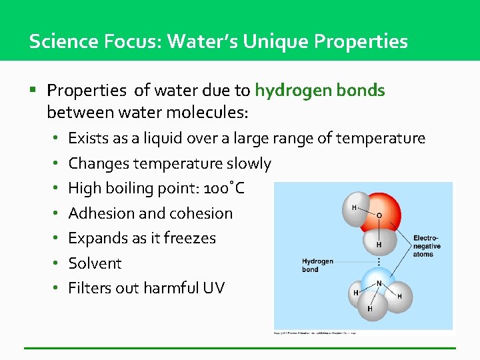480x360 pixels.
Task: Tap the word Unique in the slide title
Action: tap(274, 41)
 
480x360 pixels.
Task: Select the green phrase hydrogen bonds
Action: tap(320, 90)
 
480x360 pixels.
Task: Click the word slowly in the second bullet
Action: tap(249, 163)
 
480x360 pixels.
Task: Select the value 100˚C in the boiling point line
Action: tap(224, 189)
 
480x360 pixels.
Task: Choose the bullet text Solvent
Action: tap(95, 263)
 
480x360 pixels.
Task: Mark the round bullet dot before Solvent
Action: tap(57, 263)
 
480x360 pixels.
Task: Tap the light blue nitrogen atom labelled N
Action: tap(379, 283)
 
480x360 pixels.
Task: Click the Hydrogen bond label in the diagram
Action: tap(318, 265)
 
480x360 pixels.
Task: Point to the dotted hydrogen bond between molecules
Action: tap(379, 261)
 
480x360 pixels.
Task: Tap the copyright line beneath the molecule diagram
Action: tap(315, 332)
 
